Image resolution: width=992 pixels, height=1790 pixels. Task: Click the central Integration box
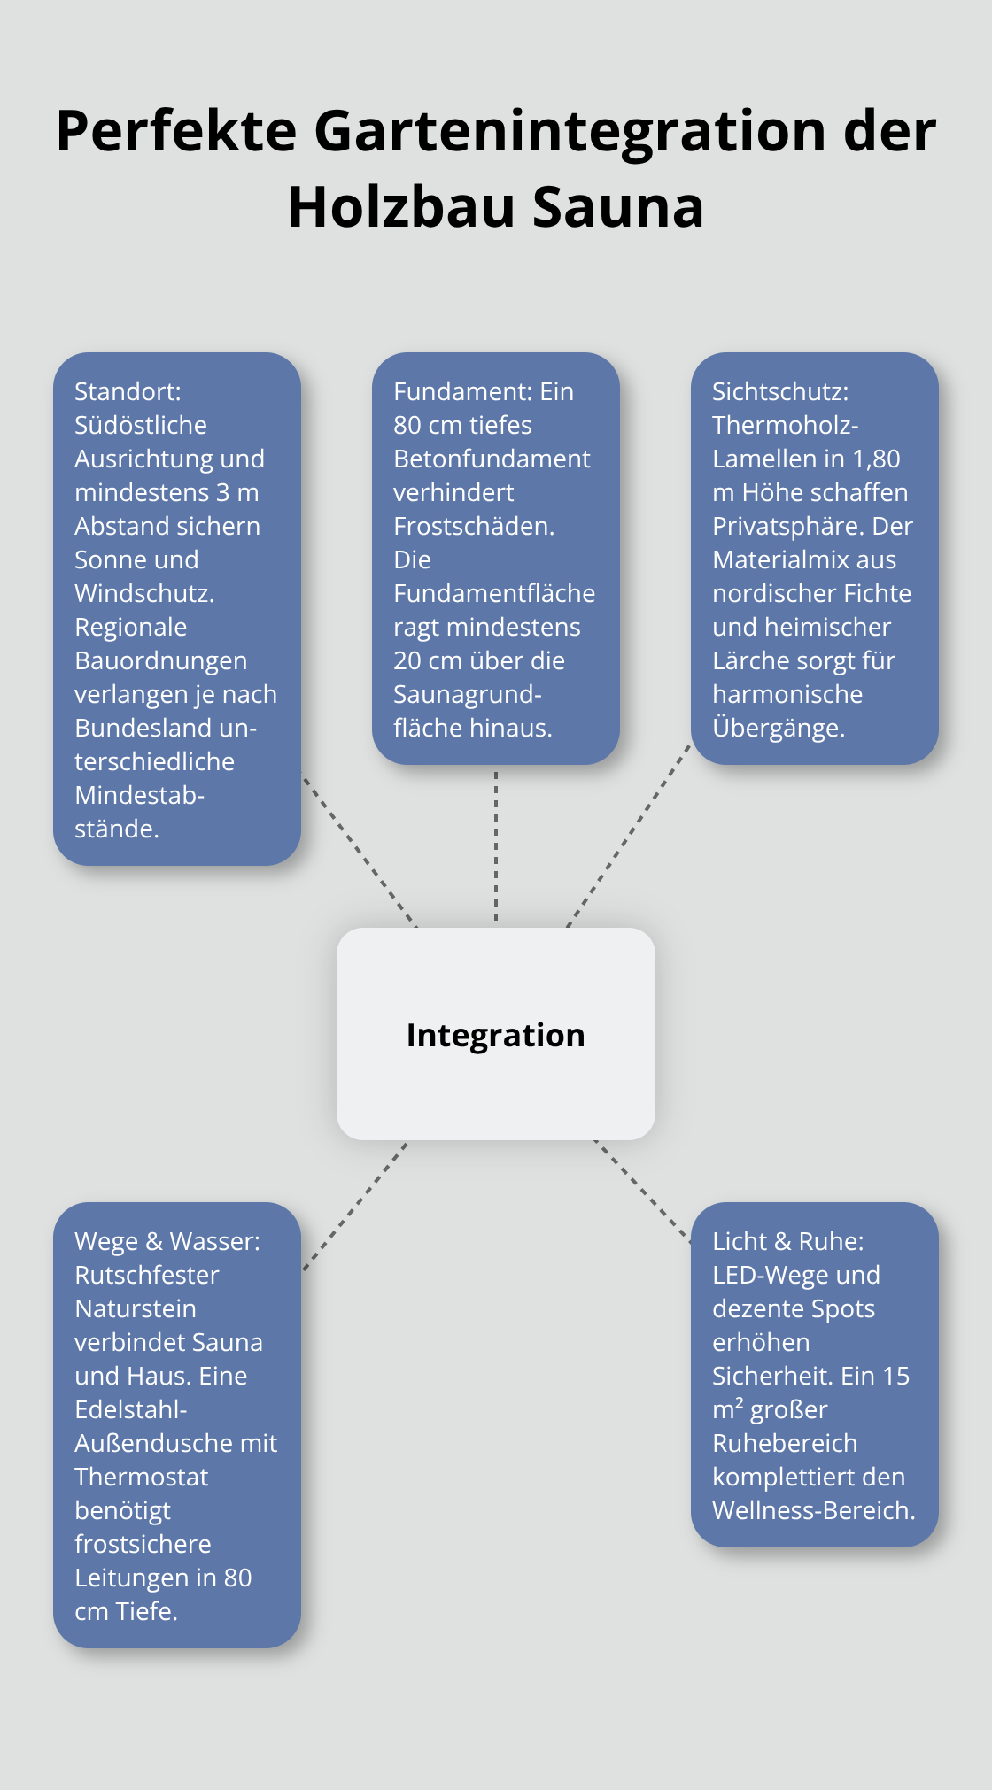495,1034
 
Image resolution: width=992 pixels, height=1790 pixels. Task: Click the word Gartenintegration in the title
570,131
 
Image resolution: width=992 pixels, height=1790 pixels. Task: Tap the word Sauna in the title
618,207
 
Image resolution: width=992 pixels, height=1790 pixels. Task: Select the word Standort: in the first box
128,391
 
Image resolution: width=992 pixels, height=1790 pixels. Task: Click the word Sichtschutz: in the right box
780,391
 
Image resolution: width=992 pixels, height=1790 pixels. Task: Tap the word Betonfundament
492,459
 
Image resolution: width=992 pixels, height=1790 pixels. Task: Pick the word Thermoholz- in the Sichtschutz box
786,425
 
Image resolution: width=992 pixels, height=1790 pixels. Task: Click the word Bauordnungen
161,660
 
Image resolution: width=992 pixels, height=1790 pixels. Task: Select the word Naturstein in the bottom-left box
136,1308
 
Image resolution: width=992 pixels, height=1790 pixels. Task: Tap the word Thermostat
142,1477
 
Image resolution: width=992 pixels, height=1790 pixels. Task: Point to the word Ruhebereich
785,1443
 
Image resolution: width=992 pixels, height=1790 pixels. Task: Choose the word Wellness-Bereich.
813,1510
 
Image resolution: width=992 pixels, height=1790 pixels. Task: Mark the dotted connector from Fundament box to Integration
496,845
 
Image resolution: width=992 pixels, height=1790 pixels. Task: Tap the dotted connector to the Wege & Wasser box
354,1207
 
